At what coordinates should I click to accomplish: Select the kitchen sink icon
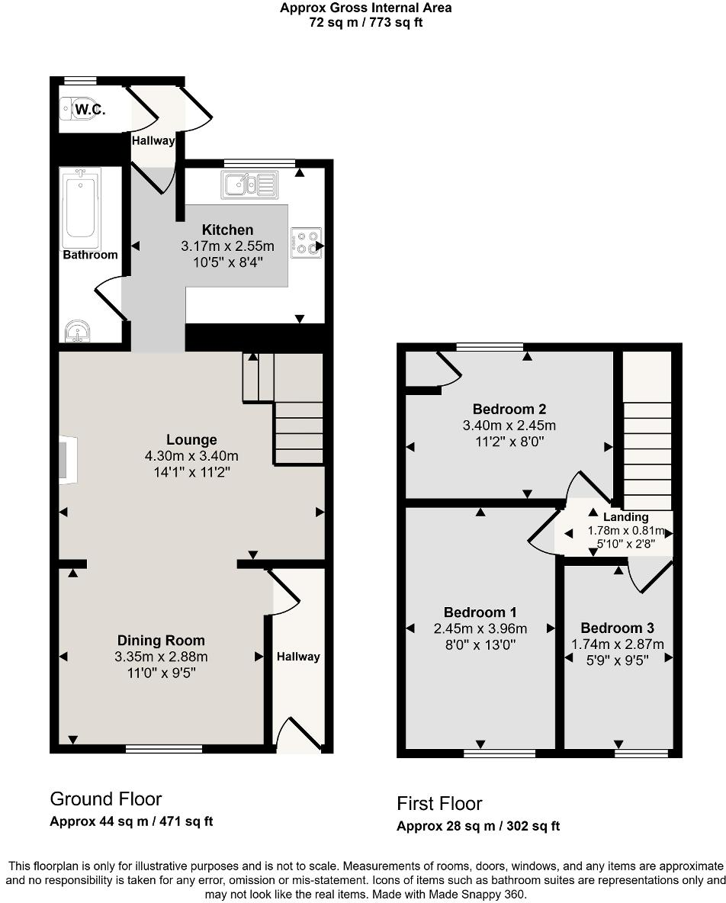(x=249, y=184)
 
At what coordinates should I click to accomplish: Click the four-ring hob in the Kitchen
(x=305, y=241)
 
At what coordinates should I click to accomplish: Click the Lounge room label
(x=191, y=439)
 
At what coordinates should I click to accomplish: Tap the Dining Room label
(x=161, y=641)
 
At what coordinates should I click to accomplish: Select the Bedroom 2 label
(x=509, y=409)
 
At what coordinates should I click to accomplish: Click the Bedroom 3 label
(x=617, y=628)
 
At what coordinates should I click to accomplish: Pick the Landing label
(x=626, y=517)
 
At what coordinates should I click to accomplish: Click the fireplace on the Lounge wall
(x=68, y=460)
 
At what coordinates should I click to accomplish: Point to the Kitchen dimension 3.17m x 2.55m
(x=227, y=246)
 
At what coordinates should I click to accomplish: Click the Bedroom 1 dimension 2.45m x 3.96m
(x=480, y=628)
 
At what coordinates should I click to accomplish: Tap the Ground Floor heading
(x=105, y=799)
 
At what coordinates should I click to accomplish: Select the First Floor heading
(x=439, y=803)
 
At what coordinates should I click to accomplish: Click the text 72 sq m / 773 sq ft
(x=365, y=22)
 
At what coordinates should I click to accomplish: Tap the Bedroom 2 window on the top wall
(x=490, y=347)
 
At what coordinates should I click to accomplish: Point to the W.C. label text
(x=89, y=109)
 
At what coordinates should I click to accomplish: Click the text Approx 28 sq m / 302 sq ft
(x=478, y=826)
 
